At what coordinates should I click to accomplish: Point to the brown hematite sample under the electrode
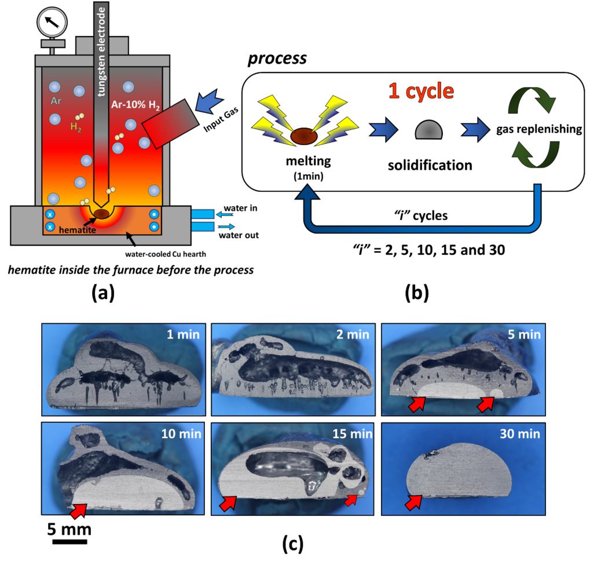point(102,214)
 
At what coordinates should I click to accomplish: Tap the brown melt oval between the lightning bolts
point(303,136)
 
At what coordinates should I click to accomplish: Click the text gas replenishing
point(539,129)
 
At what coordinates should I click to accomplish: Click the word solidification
point(430,165)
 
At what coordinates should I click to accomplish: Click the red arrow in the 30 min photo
point(413,502)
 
